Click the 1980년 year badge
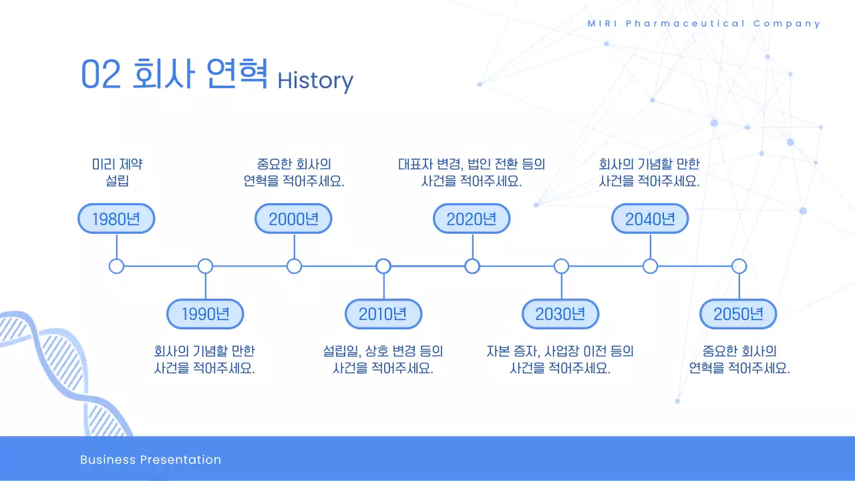point(116,219)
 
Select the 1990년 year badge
point(205,314)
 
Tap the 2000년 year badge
point(293,219)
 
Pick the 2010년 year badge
point(383,314)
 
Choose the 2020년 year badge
point(472,219)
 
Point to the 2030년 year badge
point(560,314)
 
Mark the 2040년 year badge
point(650,219)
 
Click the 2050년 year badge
point(738,314)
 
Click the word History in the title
point(315,80)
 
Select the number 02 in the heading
point(101,74)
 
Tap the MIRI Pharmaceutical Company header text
point(704,23)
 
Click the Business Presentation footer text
point(150,460)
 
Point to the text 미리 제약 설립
point(117,172)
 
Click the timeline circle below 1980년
point(116,267)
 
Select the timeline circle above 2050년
point(739,267)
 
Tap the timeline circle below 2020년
point(472,267)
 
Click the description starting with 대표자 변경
point(472,172)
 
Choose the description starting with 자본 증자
point(560,359)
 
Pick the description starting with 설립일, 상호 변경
point(383,359)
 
